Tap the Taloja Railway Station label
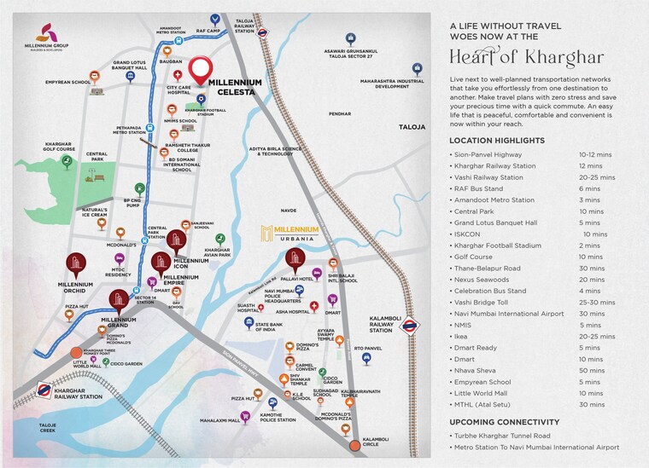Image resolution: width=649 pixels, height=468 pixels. pyautogui.click(x=245, y=25)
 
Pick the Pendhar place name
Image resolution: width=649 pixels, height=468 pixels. pyautogui.click(x=339, y=113)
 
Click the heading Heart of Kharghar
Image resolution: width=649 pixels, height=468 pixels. pyautogui.click(x=527, y=58)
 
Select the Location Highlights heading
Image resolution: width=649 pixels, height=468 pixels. pyautogui.click(x=497, y=140)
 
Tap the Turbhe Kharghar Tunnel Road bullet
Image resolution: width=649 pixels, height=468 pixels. pyautogui.click(x=511, y=436)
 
